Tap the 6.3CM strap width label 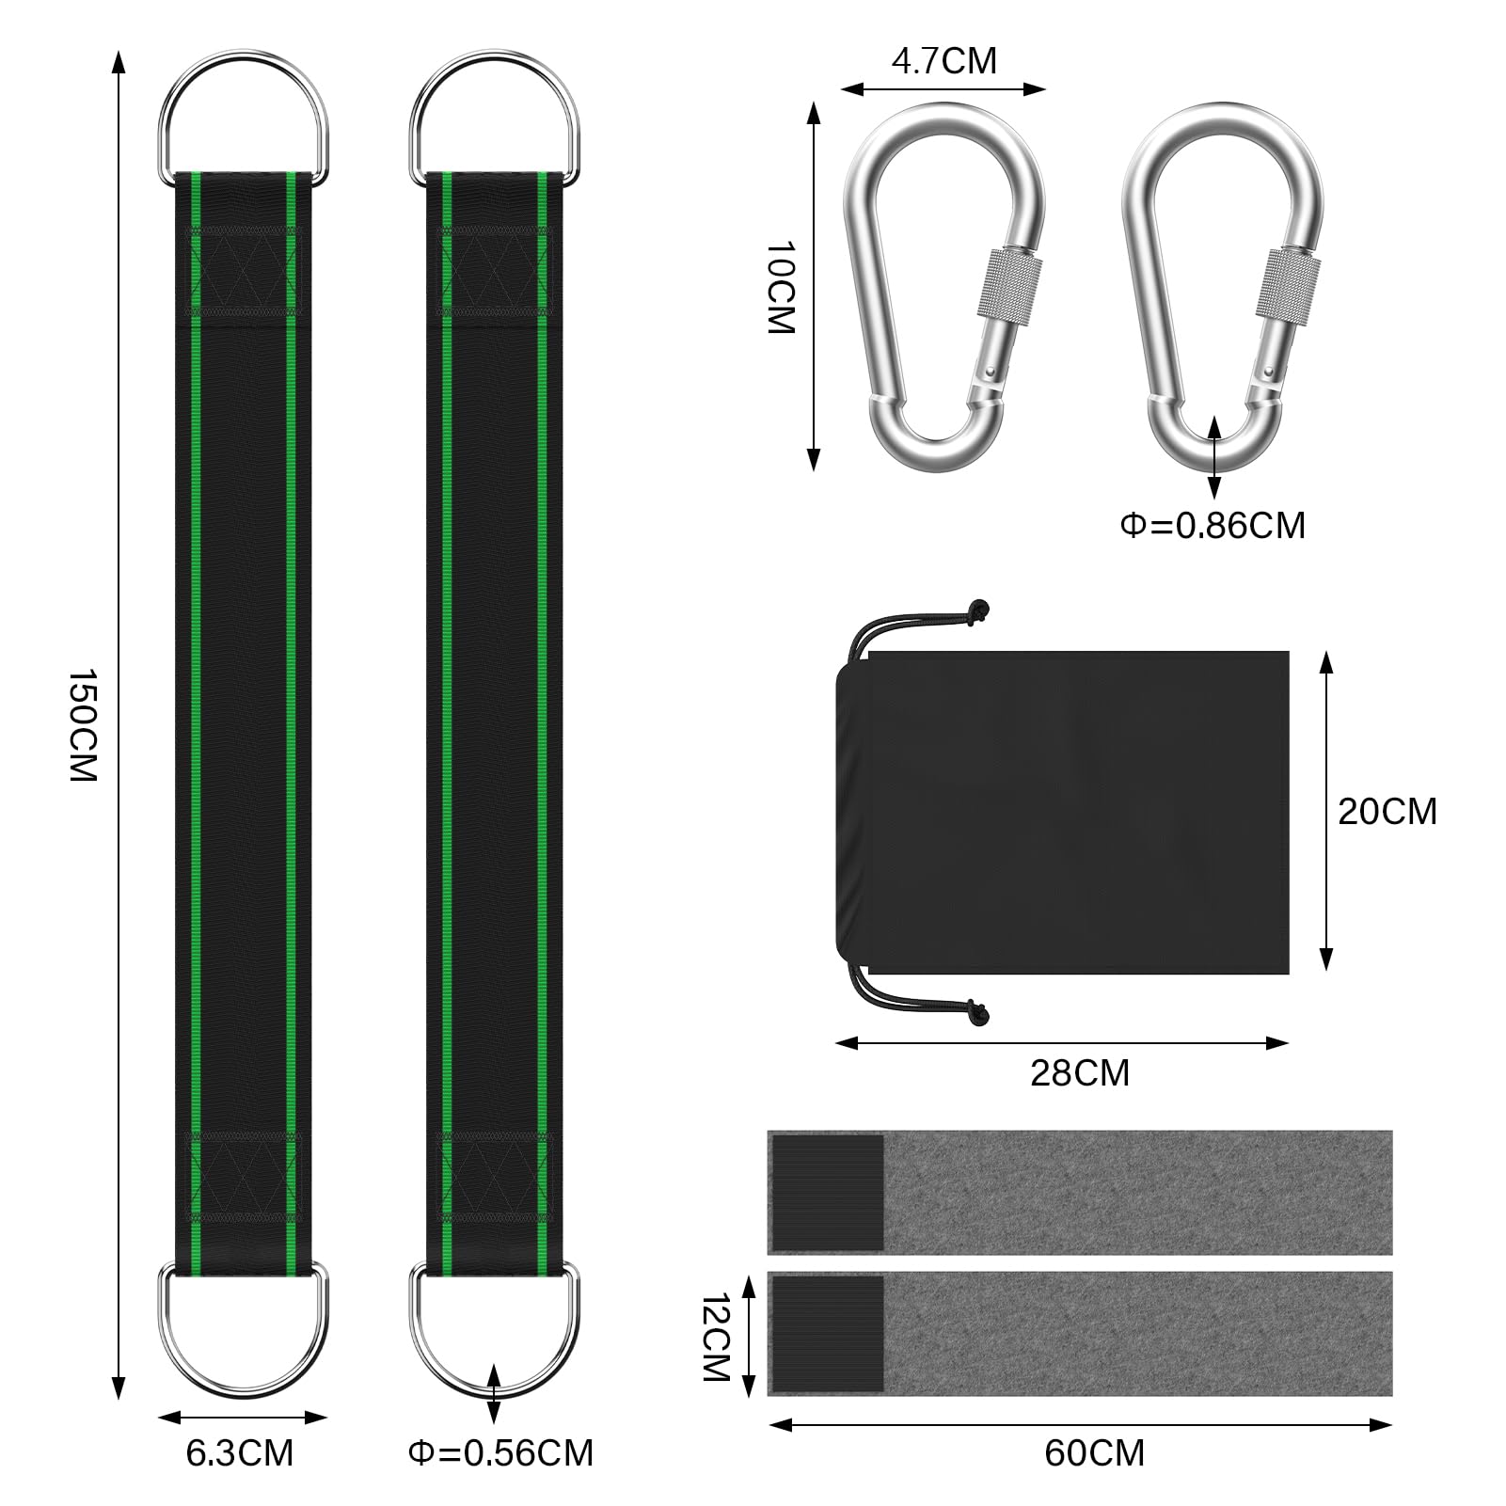(x=240, y=1453)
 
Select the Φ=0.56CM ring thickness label (x=500, y=1453)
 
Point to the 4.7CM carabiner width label (x=943, y=61)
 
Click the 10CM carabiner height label (x=781, y=287)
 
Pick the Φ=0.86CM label (x=1213, y=525)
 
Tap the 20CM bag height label (x=1387, y=811)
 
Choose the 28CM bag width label (x=1080, y=1073)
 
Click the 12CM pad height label (x=717, y=1336)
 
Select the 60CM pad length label (x=1095, y=1453)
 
